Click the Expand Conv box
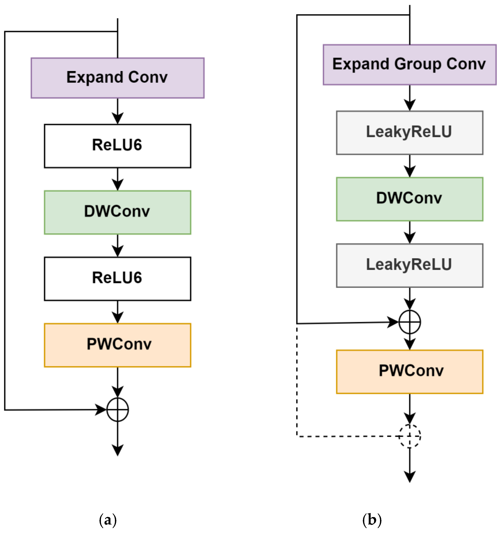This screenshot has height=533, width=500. [x=117, y=78]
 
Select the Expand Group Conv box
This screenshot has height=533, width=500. [x=409, y=65]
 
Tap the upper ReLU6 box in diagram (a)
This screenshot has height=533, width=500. [x=117, y=146]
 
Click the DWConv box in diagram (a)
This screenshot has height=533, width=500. [x=117, y=212]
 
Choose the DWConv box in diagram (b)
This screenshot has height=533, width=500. [x=409, y=199]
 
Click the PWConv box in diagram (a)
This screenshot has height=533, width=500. [x=117, y=345]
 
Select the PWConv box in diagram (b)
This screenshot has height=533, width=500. [x=409, y=372]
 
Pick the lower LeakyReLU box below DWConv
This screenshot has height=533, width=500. [x=409, y=265]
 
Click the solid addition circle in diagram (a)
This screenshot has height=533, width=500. [x=117, y=410]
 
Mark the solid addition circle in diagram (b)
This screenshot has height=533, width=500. [x=409, y=322]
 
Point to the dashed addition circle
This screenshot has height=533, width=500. [x=409, y=436]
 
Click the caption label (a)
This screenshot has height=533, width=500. [x=108, y=520]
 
